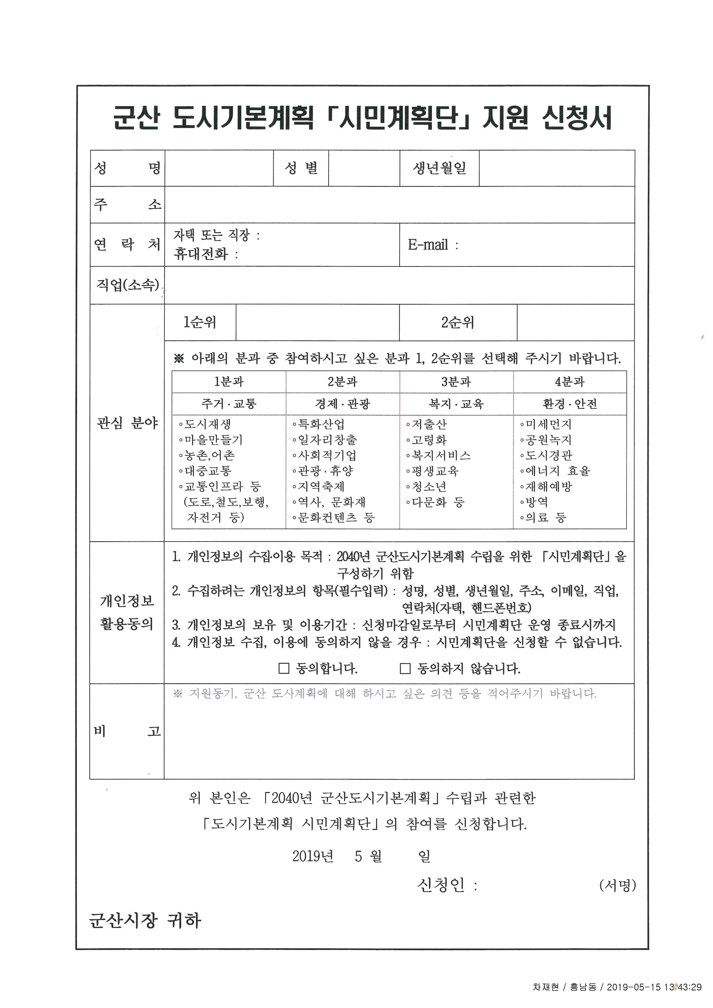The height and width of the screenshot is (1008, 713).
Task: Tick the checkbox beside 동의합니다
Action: point(284,669)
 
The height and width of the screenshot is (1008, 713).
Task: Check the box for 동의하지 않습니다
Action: point(405,669)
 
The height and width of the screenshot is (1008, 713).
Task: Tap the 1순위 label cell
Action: point(200,322)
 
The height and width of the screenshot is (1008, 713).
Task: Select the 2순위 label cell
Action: point(457,322)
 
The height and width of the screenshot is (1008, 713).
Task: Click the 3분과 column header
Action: point(456,381)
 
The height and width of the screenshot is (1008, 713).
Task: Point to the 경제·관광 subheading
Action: point(342,404)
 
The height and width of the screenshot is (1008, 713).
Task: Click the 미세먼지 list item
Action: point(548,424)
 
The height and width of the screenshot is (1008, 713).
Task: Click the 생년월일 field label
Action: point(439,168)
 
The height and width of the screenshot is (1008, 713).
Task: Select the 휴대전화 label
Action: point(201,253)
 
